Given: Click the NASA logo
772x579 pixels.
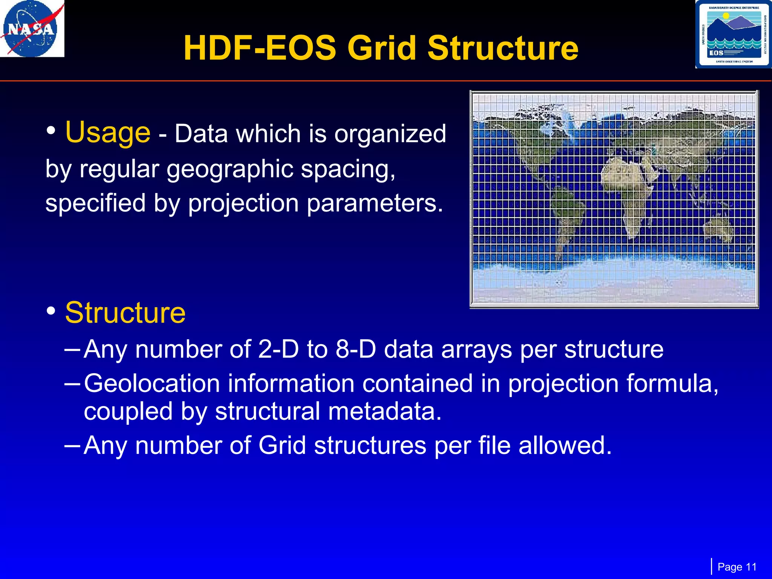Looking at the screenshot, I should (32, 29).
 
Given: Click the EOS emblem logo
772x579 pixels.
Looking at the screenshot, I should (733, 34).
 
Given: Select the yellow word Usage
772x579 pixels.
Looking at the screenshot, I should (108, 133).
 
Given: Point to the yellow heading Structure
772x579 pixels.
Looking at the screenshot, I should (125, 313).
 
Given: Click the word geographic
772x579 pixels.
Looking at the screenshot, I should (230, 168).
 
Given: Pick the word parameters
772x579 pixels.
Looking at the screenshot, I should (375, 203).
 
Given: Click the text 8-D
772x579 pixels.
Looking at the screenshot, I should (355, 349).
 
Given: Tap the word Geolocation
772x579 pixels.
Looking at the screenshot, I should (152, 384).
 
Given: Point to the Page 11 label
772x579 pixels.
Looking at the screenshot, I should (737, 567).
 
